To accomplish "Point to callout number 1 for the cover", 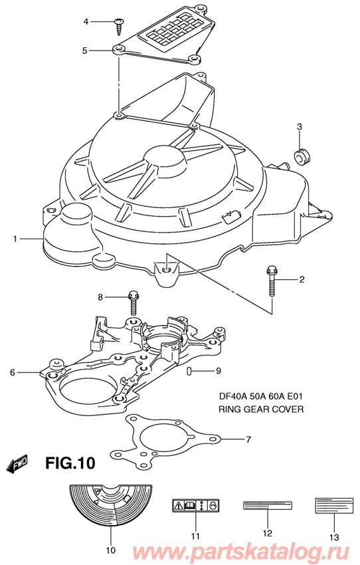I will pyautogui.click(x=13, y=238).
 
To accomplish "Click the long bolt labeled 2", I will pyautogui.click(x=273, y=279).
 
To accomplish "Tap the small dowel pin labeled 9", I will pyautogui.click(x=189, y=370).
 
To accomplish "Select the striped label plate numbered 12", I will pyautogui.click(x=265, y=505).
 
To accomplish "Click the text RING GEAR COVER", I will pyautogui.click(x=260, y=409).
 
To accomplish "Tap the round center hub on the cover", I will pyautogui.click(x=163, y=159).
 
